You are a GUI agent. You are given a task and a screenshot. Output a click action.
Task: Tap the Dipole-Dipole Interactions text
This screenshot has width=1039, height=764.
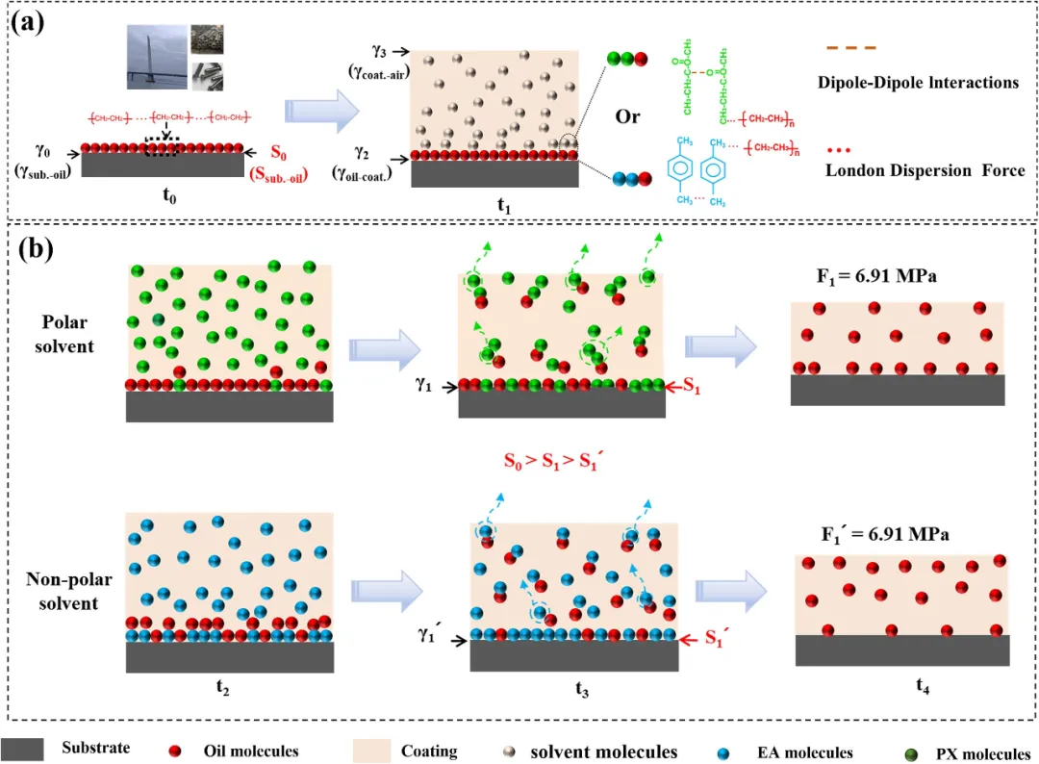pyautogui.click(x=918, y=83)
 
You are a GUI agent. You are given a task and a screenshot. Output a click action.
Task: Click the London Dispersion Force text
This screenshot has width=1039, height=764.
pyautogui.click(x=925, y=170)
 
